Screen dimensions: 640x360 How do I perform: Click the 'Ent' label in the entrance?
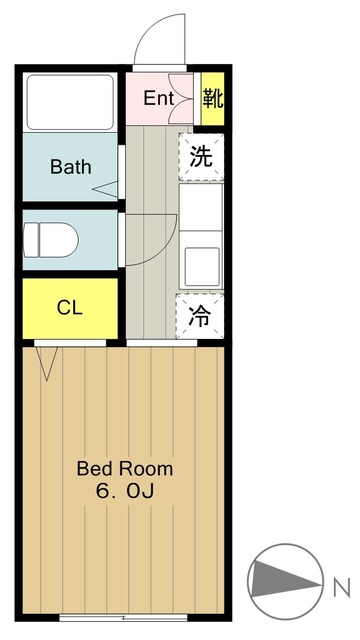[x=158, y=98]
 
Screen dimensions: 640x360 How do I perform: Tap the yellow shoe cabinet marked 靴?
[x=211, y=98]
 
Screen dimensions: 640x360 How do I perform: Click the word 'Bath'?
[x=70, y=166]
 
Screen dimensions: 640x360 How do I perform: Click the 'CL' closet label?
[x=69, y=307]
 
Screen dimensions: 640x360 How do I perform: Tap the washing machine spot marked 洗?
[x=201, y=157]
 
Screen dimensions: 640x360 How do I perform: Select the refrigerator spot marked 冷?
[x=201, y=316]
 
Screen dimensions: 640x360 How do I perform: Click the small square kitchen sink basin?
[x=199, y=264]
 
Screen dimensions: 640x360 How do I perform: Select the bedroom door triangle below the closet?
[x=45, y=361]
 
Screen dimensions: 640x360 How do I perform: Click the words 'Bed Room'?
[x=125, y=468]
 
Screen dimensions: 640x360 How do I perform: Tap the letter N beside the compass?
[x=340, y=583]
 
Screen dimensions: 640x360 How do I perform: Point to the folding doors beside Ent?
[x=181, y=98]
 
